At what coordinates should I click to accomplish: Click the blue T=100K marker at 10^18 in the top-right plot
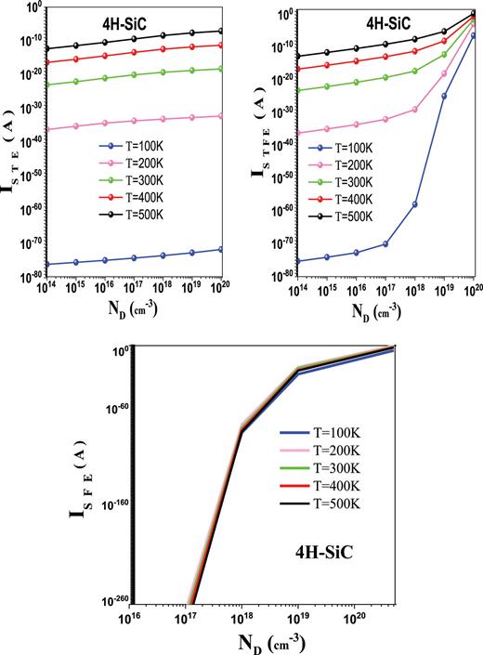415,204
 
